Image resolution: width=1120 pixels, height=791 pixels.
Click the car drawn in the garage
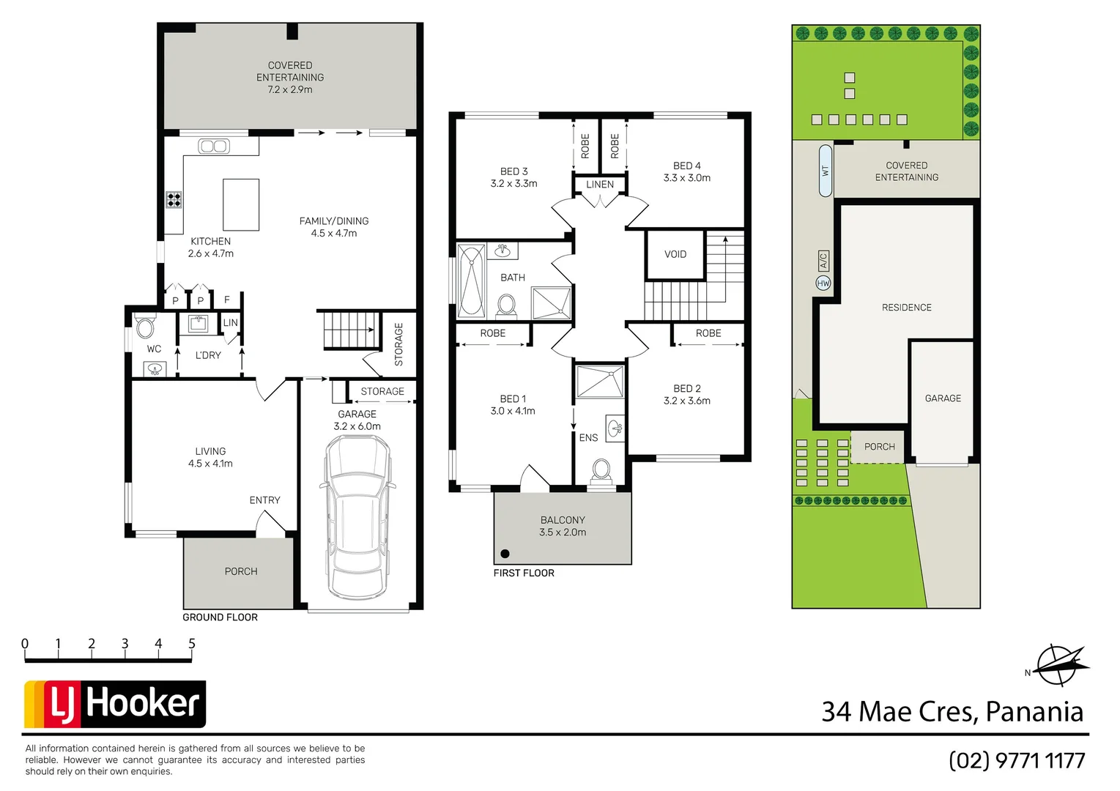pos(357,516)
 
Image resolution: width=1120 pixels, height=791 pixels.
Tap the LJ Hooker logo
pos(115,704)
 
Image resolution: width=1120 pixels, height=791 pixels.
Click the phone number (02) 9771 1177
pos(1016,761)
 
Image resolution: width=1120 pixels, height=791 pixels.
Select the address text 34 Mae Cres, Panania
pos(952,712)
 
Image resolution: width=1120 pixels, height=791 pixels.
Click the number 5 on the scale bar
pos(192,644)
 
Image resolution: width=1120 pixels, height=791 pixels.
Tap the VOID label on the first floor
pos(675,254)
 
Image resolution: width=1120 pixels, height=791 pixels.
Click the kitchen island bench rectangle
pos(241,205)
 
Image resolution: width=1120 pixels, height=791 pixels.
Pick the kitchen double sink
pos(214,146)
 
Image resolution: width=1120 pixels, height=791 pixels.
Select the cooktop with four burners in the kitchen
pos(174,199)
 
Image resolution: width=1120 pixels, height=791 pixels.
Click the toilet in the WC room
pos(145,327)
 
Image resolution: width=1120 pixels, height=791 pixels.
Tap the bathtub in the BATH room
pos(471,281)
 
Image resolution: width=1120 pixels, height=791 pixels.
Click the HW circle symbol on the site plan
pos(823,283)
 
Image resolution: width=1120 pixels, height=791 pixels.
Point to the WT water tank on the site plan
pos(826,171)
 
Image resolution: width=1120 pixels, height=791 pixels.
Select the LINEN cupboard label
pos(600,185)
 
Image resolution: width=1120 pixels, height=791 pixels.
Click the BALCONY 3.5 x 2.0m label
pos(563,526)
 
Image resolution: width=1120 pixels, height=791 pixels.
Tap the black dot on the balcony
pos(505,554)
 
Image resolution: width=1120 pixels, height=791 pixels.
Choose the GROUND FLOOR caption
pos(220,617)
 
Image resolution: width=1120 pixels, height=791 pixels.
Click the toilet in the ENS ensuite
pos(601,469)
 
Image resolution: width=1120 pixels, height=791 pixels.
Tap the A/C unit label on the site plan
pos(823,261)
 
